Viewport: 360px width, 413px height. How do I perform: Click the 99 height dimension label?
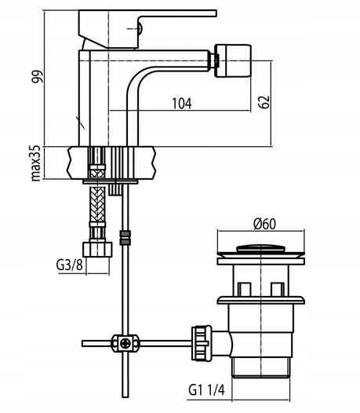(x=37, y=77)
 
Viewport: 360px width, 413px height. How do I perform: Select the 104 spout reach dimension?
(x=182, y=104)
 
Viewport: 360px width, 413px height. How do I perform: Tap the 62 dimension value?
(x=264, y=101)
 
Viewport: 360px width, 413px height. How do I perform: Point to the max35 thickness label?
(x=36, y=163)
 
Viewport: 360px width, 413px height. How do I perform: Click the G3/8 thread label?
(x=70, y=265)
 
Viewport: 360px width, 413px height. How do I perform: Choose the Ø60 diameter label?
(x=265, y=224)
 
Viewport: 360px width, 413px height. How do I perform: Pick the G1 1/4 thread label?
(x=207, y=390)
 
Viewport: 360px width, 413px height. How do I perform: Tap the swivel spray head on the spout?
(x=233, y=61)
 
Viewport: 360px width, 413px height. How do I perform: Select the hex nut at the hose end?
(x=97, y=250)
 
